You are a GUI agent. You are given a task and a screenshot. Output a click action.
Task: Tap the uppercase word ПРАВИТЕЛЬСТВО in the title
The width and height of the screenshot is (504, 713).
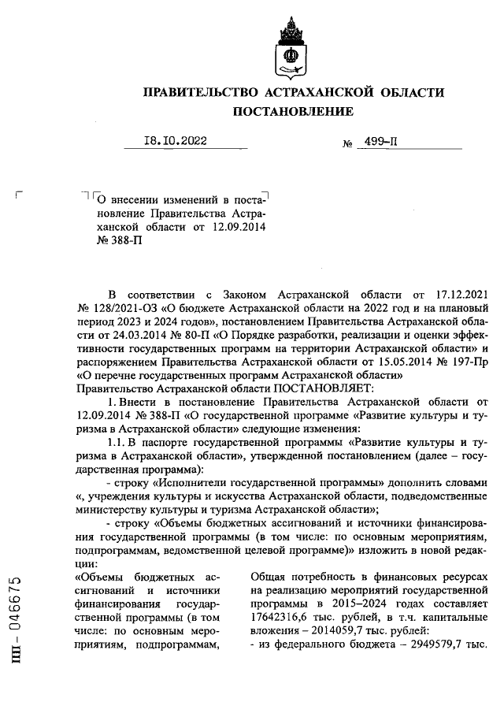[206, 93]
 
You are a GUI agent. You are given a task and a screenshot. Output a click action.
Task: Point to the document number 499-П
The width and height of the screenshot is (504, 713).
[380, 142]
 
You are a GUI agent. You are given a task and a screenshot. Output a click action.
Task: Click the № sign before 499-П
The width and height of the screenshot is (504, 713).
[346, 144]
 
